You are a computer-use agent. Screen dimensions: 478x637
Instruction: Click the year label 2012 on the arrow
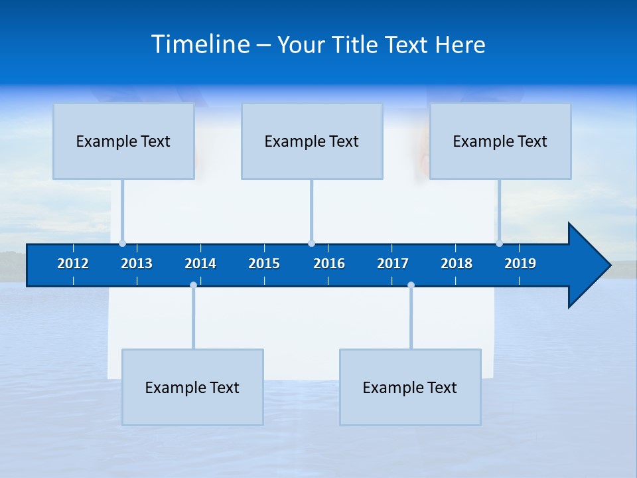tap(73, 264)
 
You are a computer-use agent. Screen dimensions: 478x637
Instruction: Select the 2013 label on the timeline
tap(137, 264)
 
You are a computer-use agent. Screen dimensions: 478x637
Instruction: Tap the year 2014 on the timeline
tap(200, 264)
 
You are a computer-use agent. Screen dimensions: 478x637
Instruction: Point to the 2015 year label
tap(264, 264)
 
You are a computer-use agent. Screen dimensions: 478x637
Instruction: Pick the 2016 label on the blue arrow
tap(329, 264)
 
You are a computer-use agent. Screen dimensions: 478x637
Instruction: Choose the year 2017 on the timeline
tap(393, 264)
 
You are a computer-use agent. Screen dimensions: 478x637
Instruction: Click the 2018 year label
tap(457, 264)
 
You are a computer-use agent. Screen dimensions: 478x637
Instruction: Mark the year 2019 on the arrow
tap(520, 264)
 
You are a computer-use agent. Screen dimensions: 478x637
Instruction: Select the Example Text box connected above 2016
tap(312, 141)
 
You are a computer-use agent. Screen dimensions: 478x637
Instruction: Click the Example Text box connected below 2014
tap(192, 387)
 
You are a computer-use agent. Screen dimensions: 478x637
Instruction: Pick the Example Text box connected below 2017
tap(410, 387)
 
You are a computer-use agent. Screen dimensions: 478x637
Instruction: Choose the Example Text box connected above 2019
tap(500, 141)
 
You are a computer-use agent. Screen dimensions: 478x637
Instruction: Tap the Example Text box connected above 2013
tap(123, 141)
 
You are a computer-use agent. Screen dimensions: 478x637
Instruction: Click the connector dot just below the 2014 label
tap(193, 285)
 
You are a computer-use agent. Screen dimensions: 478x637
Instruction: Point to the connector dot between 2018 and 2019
tap(499, 244)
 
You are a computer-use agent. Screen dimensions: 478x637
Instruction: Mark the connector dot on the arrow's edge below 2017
tap(411, 285)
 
